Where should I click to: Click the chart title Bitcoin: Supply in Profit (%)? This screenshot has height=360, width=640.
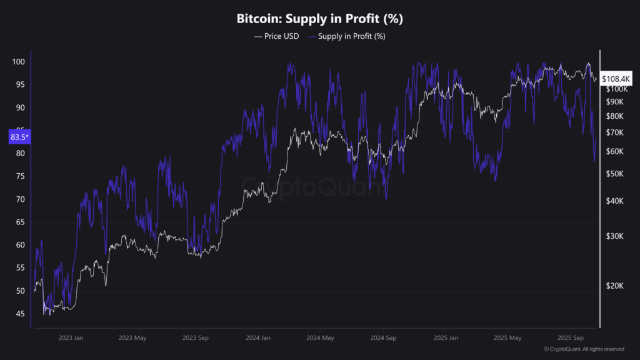319,19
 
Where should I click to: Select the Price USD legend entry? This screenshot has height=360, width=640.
276,36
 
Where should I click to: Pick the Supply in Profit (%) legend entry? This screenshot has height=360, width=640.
351,36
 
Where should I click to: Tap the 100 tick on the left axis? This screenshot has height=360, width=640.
17,62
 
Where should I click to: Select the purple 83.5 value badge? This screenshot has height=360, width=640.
19,137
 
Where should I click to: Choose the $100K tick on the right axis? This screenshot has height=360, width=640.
616,89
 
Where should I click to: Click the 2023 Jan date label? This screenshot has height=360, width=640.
70,337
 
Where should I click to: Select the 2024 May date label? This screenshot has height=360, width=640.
321,337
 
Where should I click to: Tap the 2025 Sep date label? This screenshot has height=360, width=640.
571,337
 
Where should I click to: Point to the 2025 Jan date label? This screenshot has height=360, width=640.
446,337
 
